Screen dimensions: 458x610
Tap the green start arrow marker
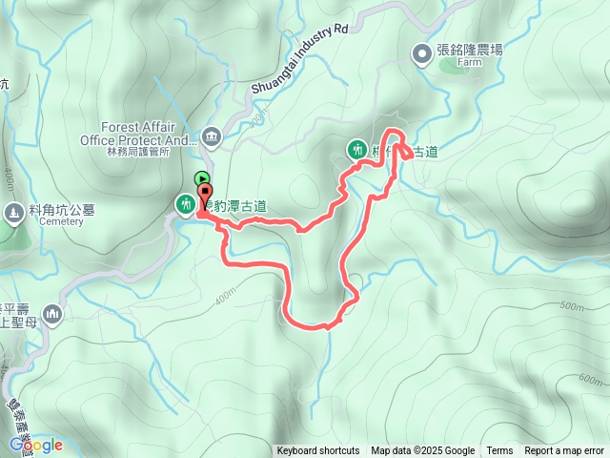click(x=201, y=177)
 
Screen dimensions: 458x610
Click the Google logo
click(x=36, y=445)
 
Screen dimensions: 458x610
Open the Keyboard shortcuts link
click(x=318, y=451)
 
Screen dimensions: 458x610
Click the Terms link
click(x=499, y=451)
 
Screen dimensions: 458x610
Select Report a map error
click(x=564, y=451)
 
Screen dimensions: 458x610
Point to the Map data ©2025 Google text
click(x=423, y=451)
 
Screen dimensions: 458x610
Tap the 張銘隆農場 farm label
click(x=469, y=51)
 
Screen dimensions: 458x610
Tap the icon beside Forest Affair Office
click(x=211, y=136)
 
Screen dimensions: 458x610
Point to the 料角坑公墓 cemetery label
click(x=50, y=211)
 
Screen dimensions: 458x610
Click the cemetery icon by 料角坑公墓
click(x=13, y=212)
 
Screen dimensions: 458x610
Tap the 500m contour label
click(x=571, y=306)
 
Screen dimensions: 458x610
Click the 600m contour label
click(x=590, y=379)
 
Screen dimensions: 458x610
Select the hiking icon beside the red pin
click(x=184, y=203)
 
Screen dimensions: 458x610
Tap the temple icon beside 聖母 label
click(x=51, y=314)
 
